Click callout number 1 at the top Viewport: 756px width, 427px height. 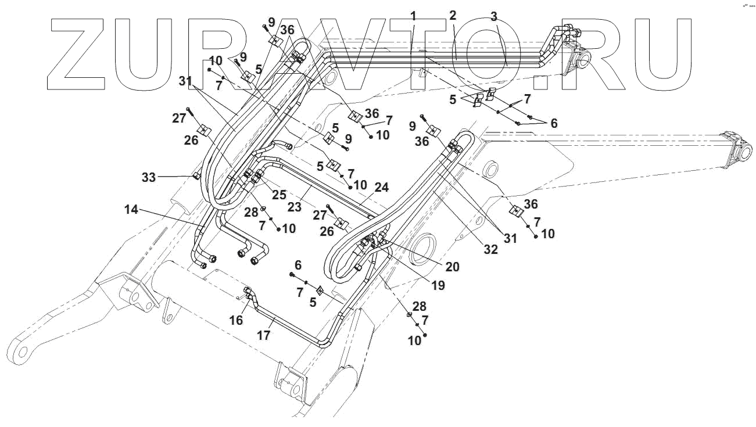coord(413,16)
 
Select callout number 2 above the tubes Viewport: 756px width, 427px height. coord(453,15)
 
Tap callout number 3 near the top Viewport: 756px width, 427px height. coord(494,16)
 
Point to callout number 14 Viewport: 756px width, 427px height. coord(131,210)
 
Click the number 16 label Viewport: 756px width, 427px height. coord(237,320)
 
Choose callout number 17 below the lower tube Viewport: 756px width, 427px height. coord(264,336)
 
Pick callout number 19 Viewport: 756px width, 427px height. coord(438,286)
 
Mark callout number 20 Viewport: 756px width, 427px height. coord(453,267)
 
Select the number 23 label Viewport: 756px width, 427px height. coord(294,207)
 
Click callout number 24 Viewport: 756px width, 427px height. coord(382,187)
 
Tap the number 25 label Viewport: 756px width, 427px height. coord(279,195)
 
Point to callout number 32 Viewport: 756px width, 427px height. coord(490,249)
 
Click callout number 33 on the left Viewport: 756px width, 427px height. coord(149,177)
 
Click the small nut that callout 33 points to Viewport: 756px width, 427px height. coord(196,176)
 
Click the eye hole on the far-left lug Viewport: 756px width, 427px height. coord(22,353)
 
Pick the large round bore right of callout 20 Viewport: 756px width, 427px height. coord(423,249)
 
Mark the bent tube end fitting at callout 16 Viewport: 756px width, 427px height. coord(248,293)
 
